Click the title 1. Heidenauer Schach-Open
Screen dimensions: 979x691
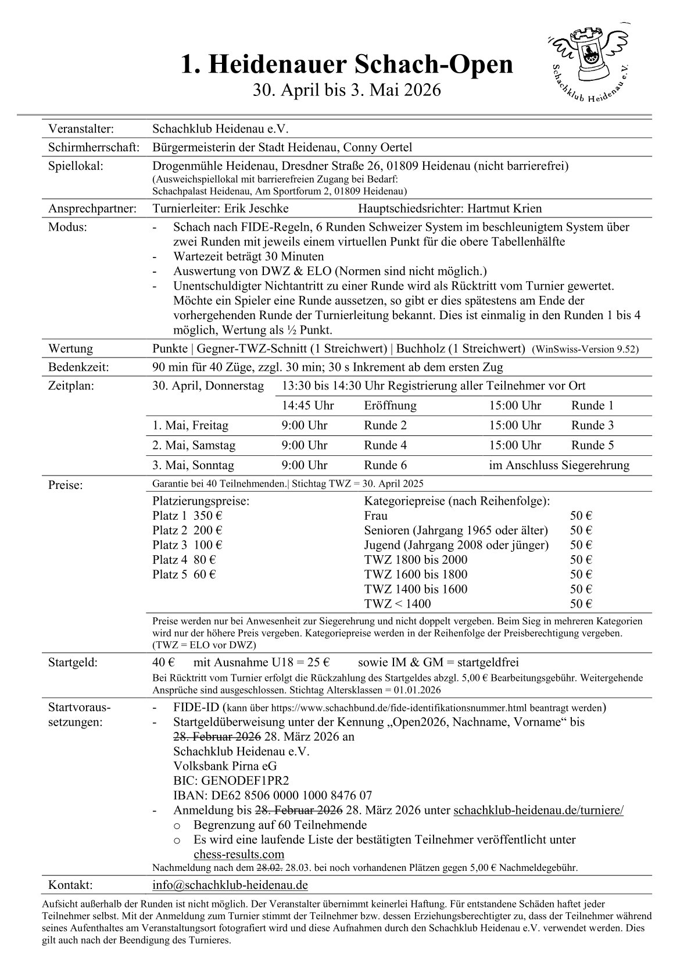[x=346, y=65]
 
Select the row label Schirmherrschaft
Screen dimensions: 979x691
[x=94, y=148]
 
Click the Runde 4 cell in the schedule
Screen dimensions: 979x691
[x=385, y=445]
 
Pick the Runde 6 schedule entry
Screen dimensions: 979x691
[x=385, y=465]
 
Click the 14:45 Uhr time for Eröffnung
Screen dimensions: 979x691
[x=307, y=406]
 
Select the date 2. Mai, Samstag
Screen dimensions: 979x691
[x=194, y=445]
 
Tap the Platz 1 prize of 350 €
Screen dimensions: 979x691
[x=188, y=516]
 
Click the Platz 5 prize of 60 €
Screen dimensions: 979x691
[x=184, y=574]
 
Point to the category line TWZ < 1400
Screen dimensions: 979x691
[x=398, y=603]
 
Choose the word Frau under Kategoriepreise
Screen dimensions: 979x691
[x=375, y=516]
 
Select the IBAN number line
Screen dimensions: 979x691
[x=273, y=795]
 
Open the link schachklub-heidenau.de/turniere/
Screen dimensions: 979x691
[x=538, y=810]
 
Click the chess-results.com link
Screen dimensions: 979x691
[x=239, y=854]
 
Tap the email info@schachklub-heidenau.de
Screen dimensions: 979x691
[x=230, y=885]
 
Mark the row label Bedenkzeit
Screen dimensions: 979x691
[x=78, y=367]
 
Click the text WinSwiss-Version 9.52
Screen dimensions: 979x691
[x=585, y=349]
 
